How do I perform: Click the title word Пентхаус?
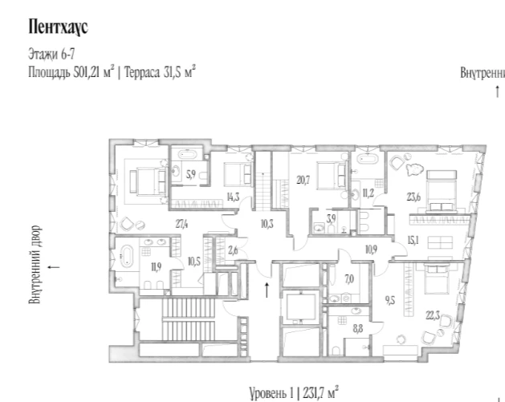click(x=59, y=26)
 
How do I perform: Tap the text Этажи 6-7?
click(x=51, y=54)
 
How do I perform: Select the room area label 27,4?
click(x=181, y=224)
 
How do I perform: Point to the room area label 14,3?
click(x=233, y=197)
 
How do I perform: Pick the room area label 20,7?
click(x=303, y=180)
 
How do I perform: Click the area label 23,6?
click(x=413, y=197)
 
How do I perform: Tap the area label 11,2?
click(x=369, y=193)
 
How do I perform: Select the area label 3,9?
click(x=331, y=219)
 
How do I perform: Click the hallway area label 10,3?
click(x=267, y=224)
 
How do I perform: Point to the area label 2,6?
click(x=233, y=250)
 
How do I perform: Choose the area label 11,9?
click(x=157, y=267)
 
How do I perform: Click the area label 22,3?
click(x=433, y=315)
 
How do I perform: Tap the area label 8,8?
click(x=358, y=329)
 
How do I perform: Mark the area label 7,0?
click(x=349, y=279)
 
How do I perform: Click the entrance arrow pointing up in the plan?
click(x=267, y=290)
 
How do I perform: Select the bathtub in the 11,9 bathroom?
click(x=127, y=256)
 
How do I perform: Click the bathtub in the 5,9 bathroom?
click(x=187, y=155)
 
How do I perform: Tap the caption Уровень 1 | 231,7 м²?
click(x=294, y=393)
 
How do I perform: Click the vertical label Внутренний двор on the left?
click(x=35, y=264)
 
